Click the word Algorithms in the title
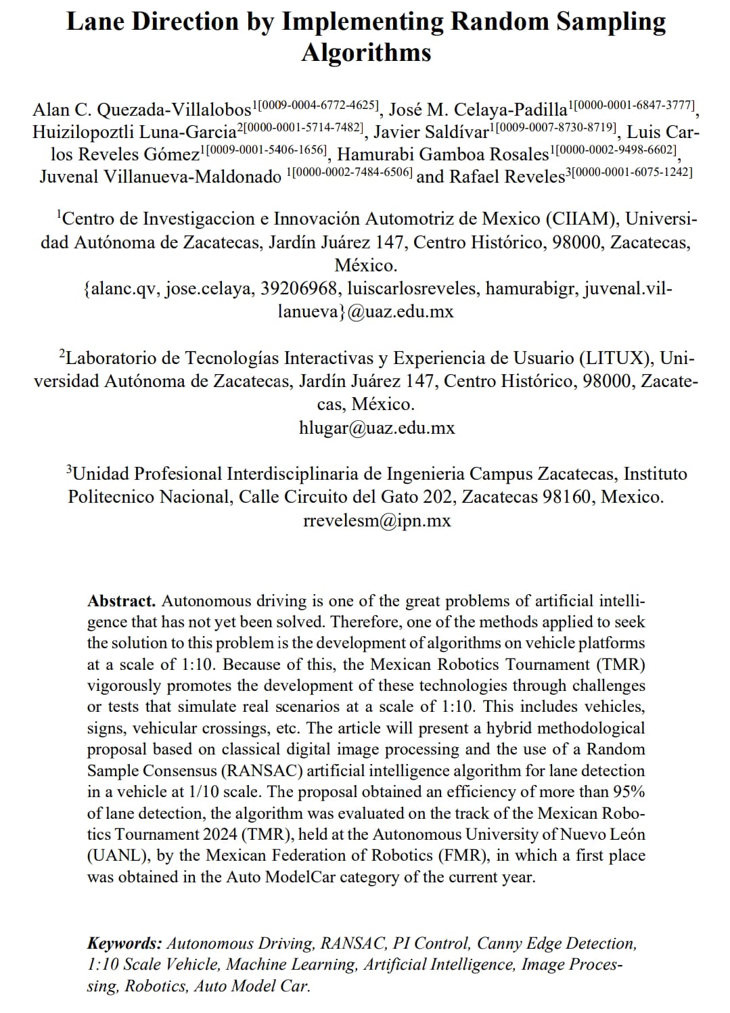point(366,52)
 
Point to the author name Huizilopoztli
point(84,132)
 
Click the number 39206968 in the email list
point(298,289)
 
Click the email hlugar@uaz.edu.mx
point(377,428)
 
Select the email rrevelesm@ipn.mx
point(377,520)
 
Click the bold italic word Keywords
point(124,943)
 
